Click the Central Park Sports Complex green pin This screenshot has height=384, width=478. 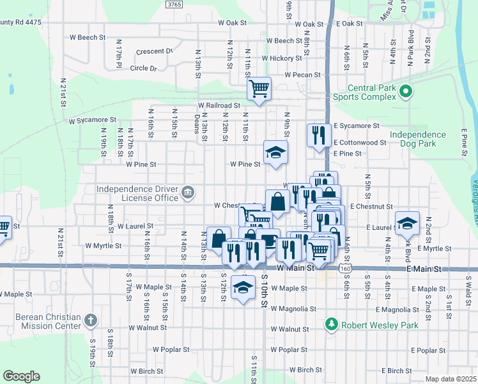(x=405, y=93)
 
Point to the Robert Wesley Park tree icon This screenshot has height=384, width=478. (x=331, y=325)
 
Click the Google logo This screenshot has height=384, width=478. (x=21, y=376)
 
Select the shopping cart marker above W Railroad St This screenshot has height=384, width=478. (x=259, y=88)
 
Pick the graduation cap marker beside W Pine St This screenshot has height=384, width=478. (x=276, y=152)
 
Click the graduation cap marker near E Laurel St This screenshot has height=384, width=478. (x=407, y=223)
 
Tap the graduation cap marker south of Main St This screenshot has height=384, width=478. (x=243, y=288)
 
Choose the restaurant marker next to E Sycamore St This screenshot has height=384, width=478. (x=318, y=135)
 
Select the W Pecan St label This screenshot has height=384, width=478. (x=305, y=75)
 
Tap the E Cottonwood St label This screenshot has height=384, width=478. (x=359, y=143)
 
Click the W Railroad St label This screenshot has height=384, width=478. (x=219, y=105)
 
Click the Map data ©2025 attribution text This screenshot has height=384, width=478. (x=451, y=379)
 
